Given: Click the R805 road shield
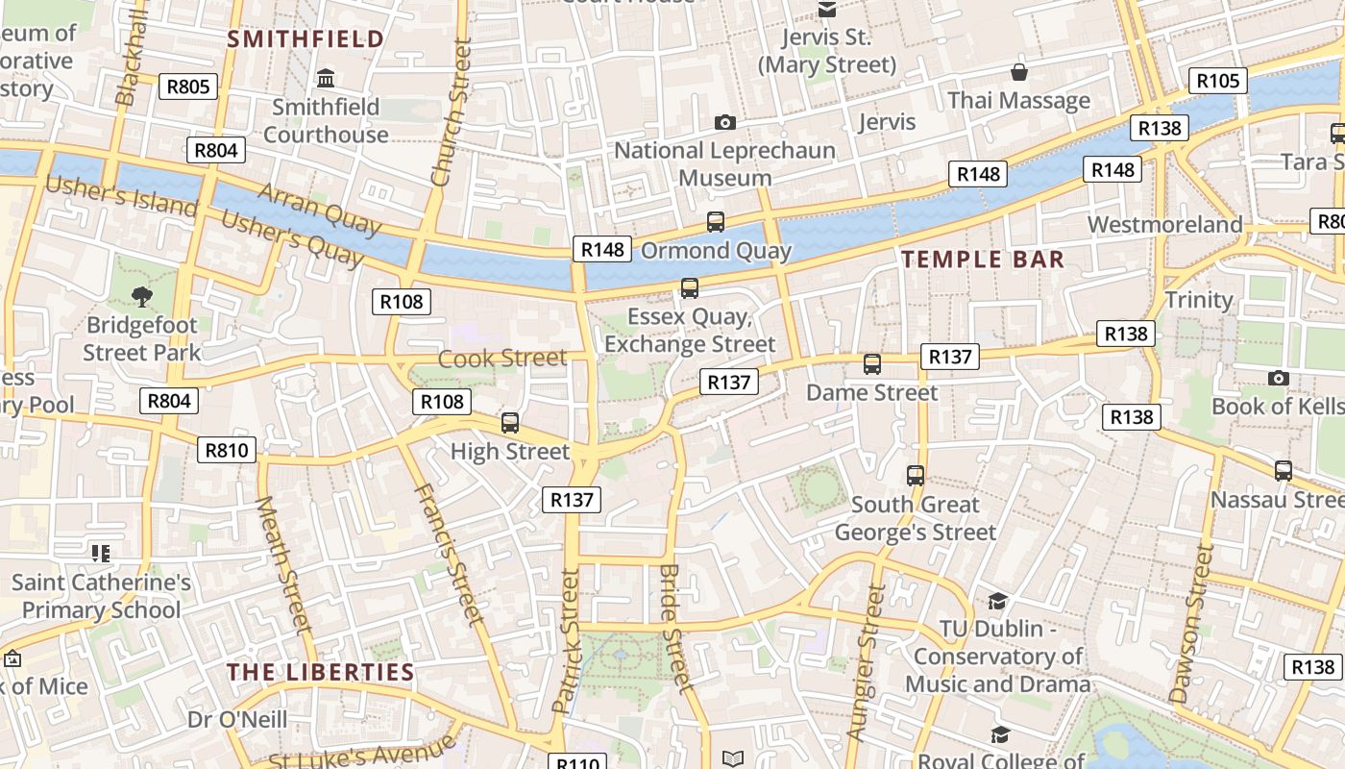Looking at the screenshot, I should tap(187, 87).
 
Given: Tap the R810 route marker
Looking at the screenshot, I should tap(227, 449).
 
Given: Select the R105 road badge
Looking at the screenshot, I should tap(1217, 81).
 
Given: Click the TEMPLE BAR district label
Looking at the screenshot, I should tap(983, 260).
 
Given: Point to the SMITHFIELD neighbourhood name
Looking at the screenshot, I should tap(306, 38).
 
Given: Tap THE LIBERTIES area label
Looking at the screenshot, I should tap(321, 672).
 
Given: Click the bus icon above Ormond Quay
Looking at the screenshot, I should tap(716, 222).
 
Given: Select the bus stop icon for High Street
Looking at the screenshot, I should tap(510, 423).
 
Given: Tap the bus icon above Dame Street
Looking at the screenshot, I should tap(872, 364).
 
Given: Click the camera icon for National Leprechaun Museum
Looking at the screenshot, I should tap(725, 122).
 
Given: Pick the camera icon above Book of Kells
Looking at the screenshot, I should tap(1278, 378).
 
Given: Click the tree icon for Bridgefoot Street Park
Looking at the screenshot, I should tap(141, 296).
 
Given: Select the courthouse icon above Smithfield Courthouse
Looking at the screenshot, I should tap(326, 78).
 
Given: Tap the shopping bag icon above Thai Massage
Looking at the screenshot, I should tap(1018, 72).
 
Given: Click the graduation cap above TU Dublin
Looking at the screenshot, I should tap(997, 601).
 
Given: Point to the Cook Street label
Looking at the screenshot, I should tap(502, 359).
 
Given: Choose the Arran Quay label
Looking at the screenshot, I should tap(319, 208).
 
